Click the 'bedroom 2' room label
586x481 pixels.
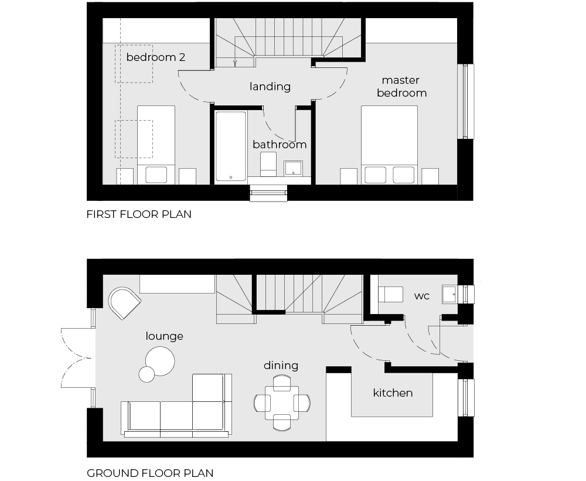[156, 57]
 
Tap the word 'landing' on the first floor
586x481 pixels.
[270, 87]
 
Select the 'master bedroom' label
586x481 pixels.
[401, 86]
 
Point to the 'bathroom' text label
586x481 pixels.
[280, 144]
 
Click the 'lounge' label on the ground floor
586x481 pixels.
[165, 336]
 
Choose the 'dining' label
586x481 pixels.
[281, 365]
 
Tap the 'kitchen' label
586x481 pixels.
[393, 393]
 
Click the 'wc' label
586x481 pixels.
[422, 296]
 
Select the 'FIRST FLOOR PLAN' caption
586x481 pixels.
[139, 214]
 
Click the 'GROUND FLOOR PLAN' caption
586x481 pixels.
[150, 473]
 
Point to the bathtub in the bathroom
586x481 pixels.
[231, 146]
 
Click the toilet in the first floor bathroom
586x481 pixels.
[268, 164]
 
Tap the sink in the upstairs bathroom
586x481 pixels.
[294, 168]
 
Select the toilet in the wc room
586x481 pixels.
[390, 294]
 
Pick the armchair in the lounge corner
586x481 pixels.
[124, 303]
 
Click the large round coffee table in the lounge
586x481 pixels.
[159, 361]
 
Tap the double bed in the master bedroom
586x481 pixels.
[389, 145]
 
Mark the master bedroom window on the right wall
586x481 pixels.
[466, 101]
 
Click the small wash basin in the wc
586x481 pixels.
[450, 294]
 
